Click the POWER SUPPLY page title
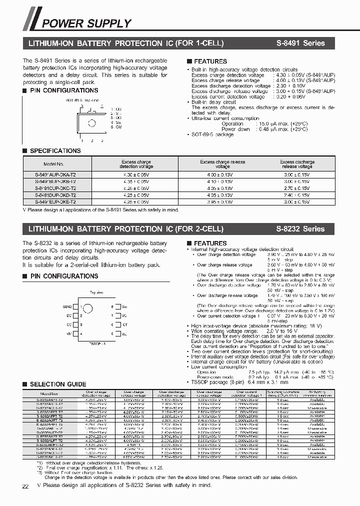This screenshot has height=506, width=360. click(x=86, y=23)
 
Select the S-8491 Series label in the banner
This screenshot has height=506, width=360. click(x=300, y=43)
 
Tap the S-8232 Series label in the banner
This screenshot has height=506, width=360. click(x=300, y=229)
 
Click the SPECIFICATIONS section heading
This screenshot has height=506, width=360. click(x=55, y=150)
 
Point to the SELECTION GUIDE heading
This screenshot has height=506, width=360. click(x=54, y=384)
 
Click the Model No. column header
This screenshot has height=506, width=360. click(x=53, y=164)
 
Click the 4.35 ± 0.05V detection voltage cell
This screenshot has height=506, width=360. click(x=136, y=181)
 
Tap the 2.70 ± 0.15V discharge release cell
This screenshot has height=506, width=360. click(x=297, y=188)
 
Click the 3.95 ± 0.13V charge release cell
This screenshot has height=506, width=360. click(x=216, y=201)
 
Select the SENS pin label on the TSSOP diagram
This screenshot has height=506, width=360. click(x=68, y=306)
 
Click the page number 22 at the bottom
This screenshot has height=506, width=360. click(x=25, y=486)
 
